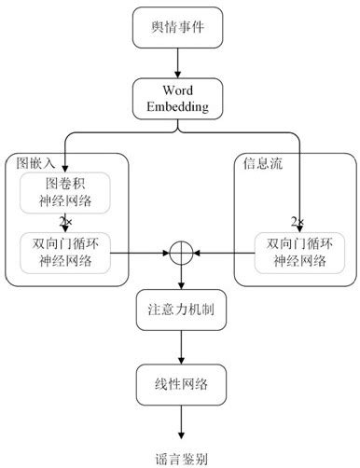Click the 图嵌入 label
tap(35, 162)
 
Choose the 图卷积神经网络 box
tap(65, 192)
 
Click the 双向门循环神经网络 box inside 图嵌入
tap(65, 252)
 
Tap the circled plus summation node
tap(179, 253)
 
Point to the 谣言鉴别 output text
tap(179, 458)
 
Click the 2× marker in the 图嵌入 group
tap(65, 222)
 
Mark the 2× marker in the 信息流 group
tap(298, 222)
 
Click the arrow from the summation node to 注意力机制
tap(179, 278)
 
